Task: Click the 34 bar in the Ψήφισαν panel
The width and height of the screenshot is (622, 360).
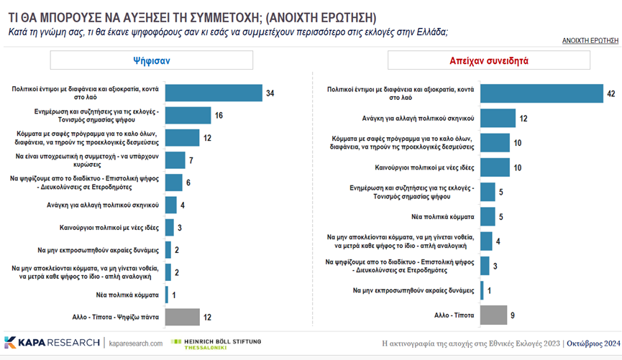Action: pyautogui.click(x=214, y=93)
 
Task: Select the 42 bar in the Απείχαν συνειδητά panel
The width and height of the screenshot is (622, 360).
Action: pyautogui.click(x=541, y=93)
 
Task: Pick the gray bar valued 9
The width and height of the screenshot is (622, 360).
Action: pyautogui.click(x=493, y=315)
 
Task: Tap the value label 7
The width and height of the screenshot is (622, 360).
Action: pyautogui.click(x=192, y=160)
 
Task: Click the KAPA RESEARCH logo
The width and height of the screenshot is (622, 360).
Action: pyautogui.click(x=52, y=342)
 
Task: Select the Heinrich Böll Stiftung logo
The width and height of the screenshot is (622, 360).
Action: pyautogui.click(x=216, y=343)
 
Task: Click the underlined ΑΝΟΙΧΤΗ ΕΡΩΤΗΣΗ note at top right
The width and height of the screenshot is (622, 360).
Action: pyautogui.click(x=589, y=41)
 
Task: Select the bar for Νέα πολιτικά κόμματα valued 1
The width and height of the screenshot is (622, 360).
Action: pyautogui.click(x=167, y=294)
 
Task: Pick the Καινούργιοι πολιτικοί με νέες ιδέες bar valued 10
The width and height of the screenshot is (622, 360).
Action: pyautogui.click(x=495, y=167)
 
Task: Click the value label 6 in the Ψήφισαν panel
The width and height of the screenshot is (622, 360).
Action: pyautogui.click(x=189, y=183)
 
